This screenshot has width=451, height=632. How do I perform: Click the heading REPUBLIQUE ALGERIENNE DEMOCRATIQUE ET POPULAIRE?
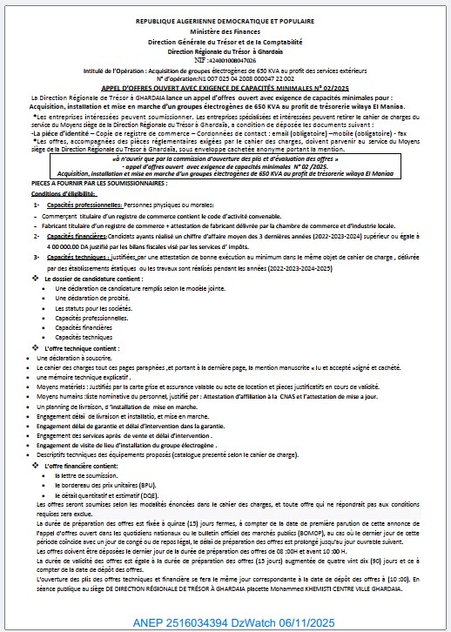[x=225, y=18]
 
